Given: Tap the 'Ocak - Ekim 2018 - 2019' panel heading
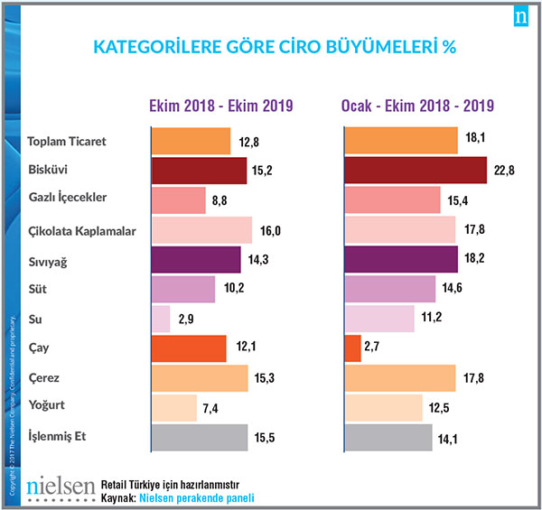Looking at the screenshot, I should click(416, 106).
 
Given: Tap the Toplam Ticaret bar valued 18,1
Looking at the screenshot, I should click(401, 141).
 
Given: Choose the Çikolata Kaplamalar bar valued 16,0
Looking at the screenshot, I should click(201, 230).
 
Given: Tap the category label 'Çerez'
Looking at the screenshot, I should click(44, 376).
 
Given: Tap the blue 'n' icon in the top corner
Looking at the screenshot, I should click(521, 18).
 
